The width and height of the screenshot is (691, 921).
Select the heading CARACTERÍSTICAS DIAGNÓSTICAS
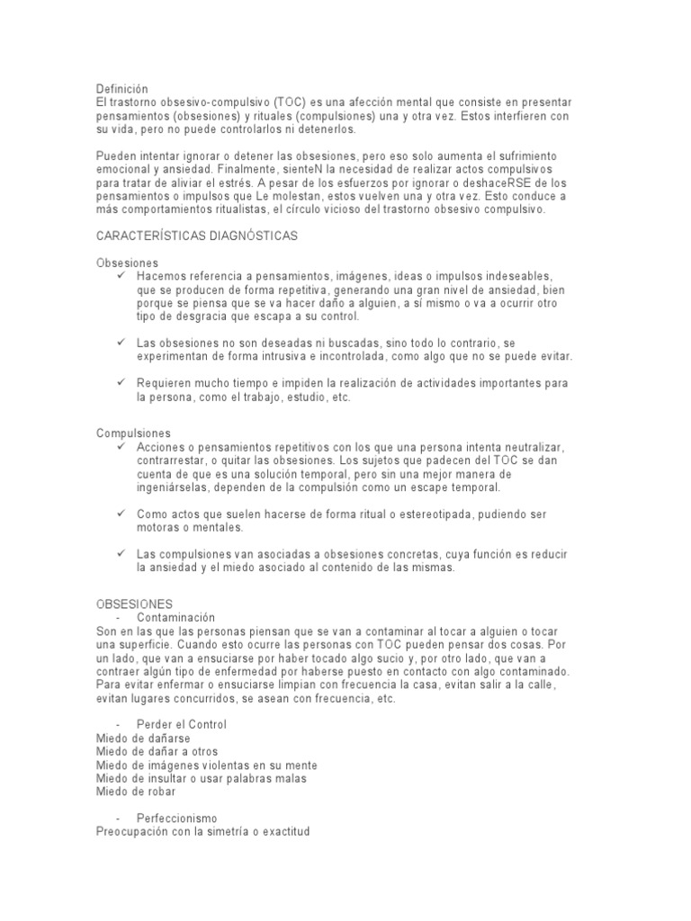(197, 235)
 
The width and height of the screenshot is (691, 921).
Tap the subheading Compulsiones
(133, 433)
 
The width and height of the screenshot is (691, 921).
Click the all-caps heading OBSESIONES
(134, 603)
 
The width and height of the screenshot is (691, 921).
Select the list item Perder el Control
(182, 724)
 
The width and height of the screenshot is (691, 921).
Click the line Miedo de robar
(136, 792)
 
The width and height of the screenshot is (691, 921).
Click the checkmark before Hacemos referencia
(121, 275)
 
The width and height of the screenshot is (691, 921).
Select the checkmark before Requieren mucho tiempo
(121, 382)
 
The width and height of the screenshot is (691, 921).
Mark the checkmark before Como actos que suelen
(121, 514)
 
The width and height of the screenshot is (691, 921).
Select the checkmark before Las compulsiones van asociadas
(121, 552)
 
